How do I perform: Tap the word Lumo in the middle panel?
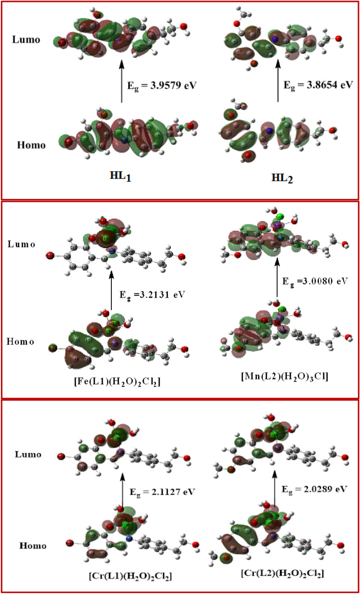21,245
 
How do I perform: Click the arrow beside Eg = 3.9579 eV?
122,81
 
